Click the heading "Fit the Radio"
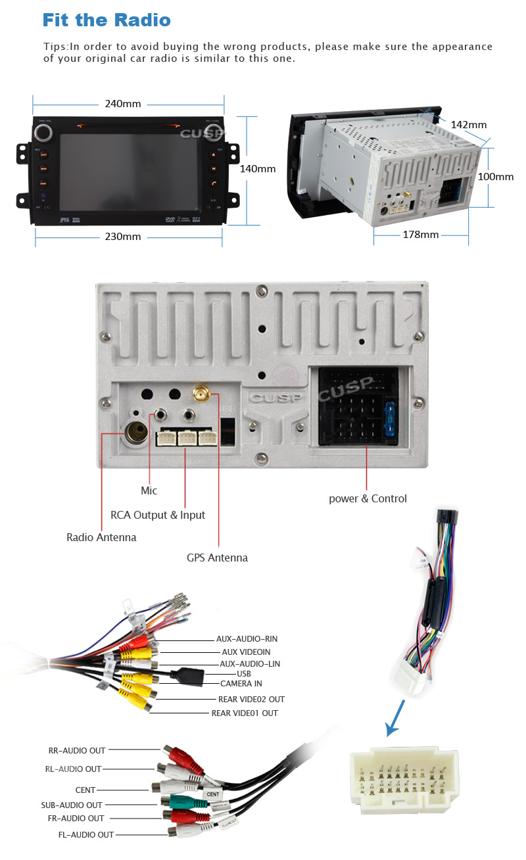point(106,20)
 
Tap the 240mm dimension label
point(123,104)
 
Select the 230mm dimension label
point(123,237)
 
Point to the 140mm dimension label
point(257,169)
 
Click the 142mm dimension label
point(468,125)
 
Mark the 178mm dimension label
point(420,235)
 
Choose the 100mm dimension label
point(495,177)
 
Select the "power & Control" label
point(368,498)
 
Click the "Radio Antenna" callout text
point(101,537)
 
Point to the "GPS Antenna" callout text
point(217,558)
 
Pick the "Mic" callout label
point(149,490)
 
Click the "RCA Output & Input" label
point(158,515)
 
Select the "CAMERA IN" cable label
point(241,684)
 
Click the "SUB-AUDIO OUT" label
point(72,805)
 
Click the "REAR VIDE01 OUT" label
point(245,713)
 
